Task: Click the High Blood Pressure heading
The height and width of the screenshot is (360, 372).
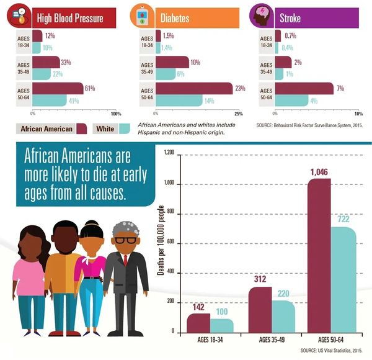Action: [x=70, y=18]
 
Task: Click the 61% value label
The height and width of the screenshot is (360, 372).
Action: [x=89, y=89]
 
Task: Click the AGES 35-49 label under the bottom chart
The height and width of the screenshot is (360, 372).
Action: [x=271, y=341]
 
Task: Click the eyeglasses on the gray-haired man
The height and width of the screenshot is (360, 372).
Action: [x=125, y=239]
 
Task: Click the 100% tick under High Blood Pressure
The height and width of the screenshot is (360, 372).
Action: [x=115, y=114]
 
